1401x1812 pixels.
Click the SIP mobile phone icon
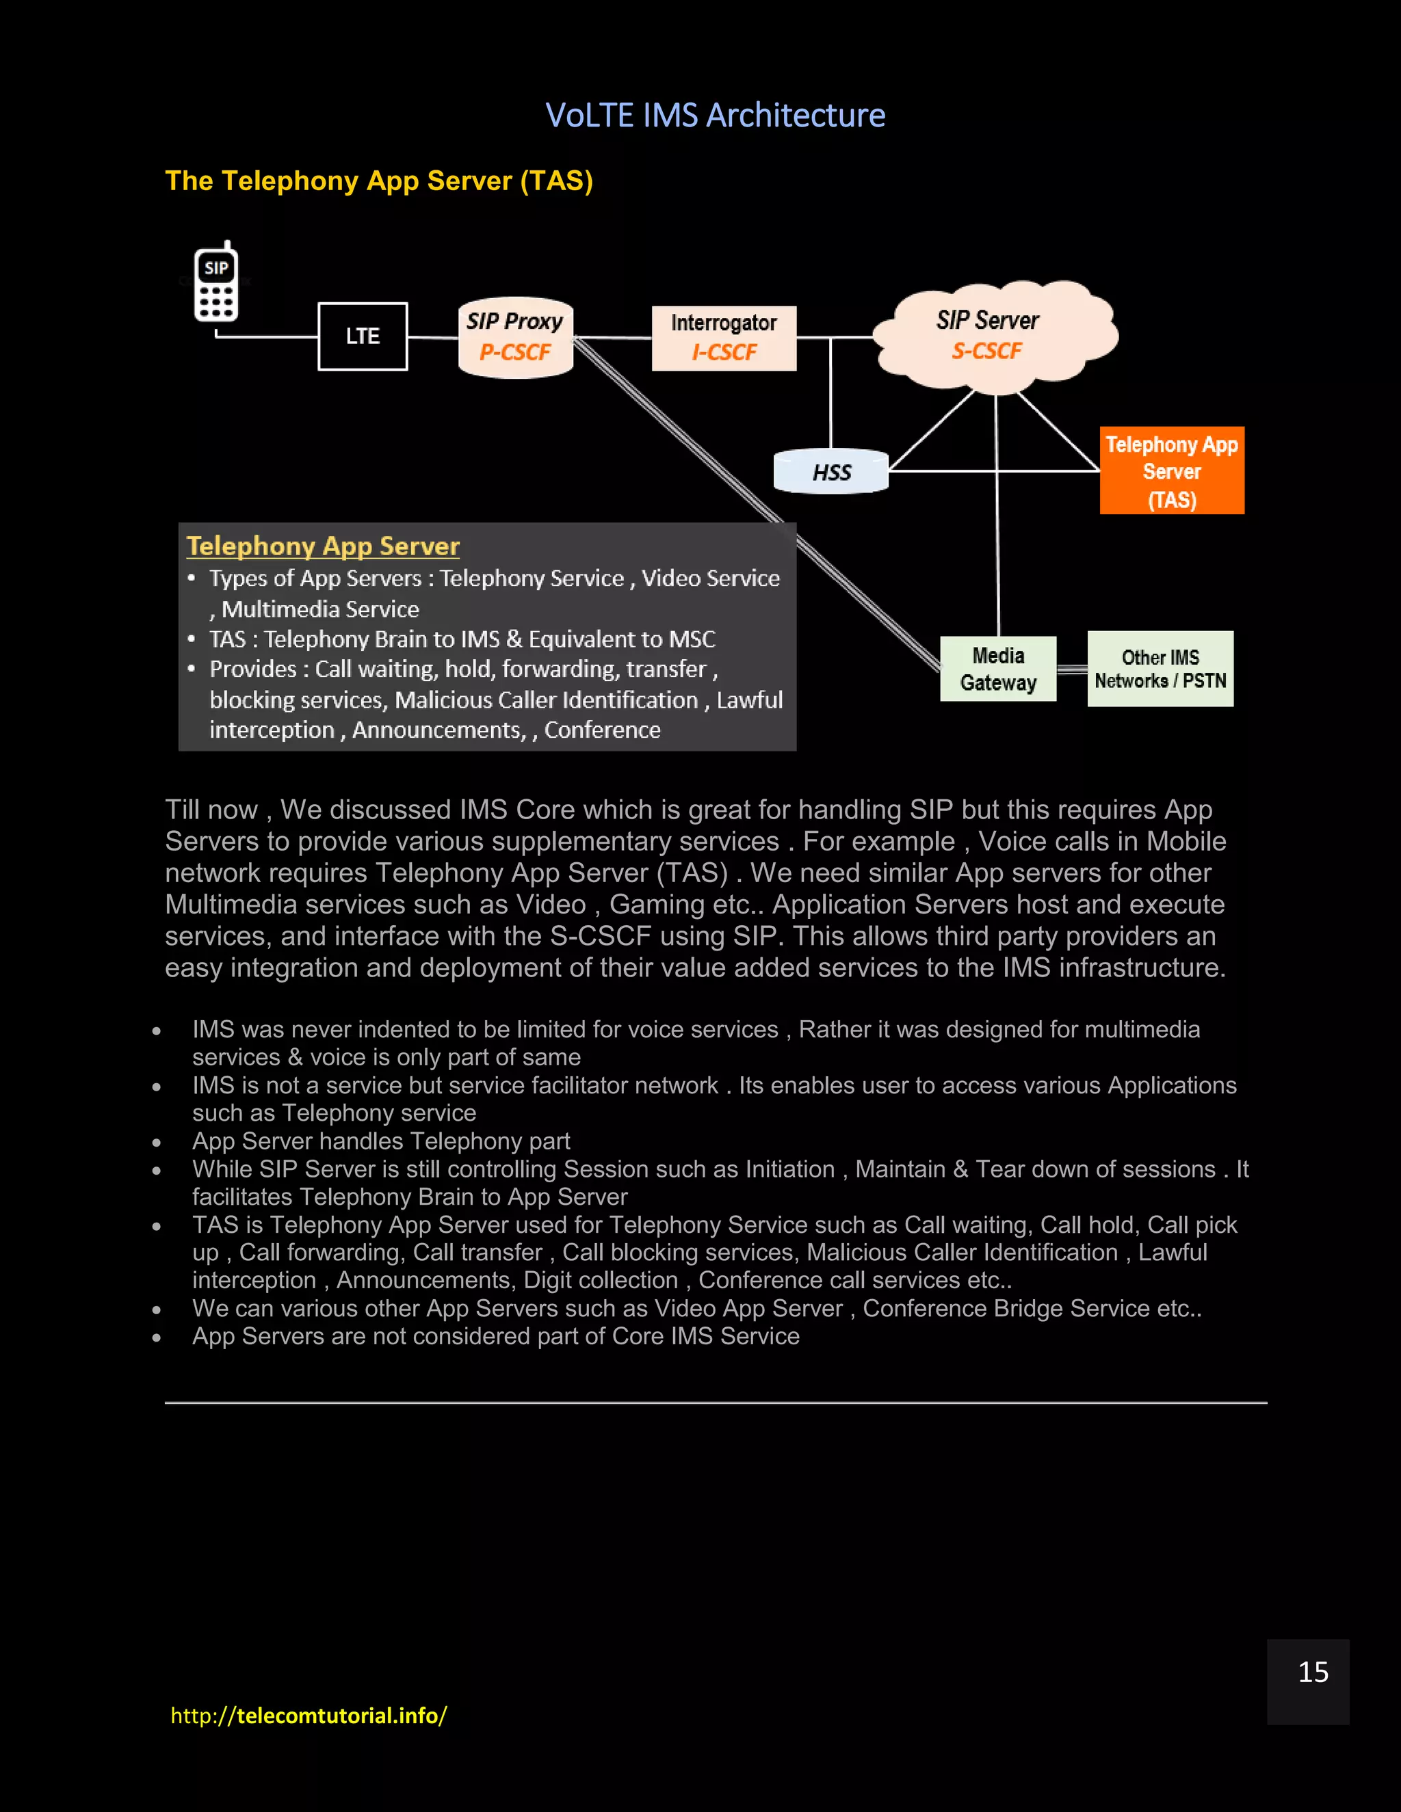click(217, 283)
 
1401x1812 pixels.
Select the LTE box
click(363, 336)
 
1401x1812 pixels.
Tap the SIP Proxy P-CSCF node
click(515, 337)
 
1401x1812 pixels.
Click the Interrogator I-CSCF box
click(724, 338)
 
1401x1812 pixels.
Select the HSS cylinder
click(830, 471)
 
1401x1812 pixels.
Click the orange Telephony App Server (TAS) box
click(1171, 470)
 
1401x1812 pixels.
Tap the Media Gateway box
click(997, 669)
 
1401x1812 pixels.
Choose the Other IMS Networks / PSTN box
click(1160, 669)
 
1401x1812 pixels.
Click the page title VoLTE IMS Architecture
click(715, 116)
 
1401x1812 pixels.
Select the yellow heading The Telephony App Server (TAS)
click(378, 181)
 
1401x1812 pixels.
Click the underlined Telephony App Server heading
click(323, 546)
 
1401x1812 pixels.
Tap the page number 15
click(1312, 1672)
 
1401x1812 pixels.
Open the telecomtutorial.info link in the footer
click(309, 1715)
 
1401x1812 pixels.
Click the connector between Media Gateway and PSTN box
click(1071, 669)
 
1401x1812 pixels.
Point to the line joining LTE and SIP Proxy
click(432, 337)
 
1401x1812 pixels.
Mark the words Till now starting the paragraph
click(211, 809)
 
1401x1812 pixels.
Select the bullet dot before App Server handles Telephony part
click(157, 1143)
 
